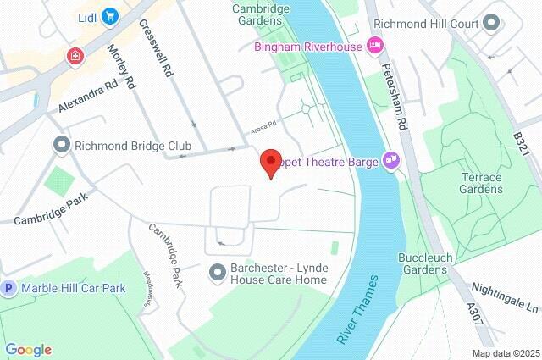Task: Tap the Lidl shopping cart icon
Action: (110, 15)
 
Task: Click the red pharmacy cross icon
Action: (77, 56)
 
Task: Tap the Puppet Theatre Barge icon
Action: (390, 158)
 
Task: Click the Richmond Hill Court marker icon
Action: (491, 24)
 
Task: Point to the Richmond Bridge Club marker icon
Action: (61, 146)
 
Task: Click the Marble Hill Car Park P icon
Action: (9, 288)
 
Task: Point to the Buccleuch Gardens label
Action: (423, 263)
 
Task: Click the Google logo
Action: (28, 349)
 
